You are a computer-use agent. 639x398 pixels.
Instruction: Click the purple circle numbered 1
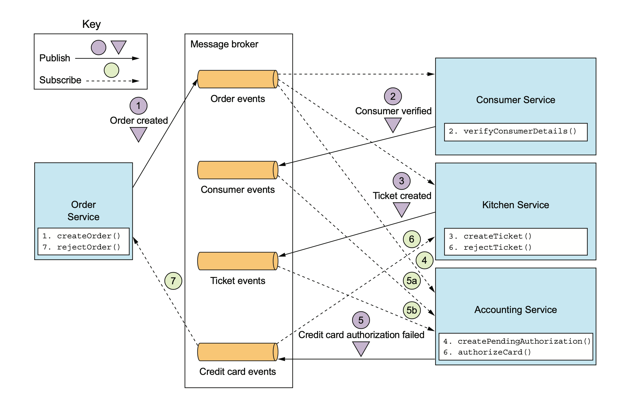coord(138,106)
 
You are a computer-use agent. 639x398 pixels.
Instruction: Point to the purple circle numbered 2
coord(393,96)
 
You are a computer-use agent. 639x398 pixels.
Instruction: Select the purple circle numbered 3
coord(401,181)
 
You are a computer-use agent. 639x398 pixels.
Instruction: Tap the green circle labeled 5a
coord(412,281)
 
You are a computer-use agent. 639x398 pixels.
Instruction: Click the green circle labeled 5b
coord(412,310)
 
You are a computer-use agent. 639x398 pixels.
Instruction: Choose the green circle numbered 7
coord(173,281)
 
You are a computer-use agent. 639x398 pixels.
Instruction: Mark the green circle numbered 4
coord(424,260)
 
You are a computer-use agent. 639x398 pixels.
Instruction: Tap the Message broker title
coord(224,44)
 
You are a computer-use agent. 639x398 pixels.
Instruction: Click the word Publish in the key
coord(55,58)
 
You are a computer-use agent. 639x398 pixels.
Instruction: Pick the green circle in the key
coord(112,70)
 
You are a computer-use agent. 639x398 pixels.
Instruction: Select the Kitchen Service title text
coord(515,205)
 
